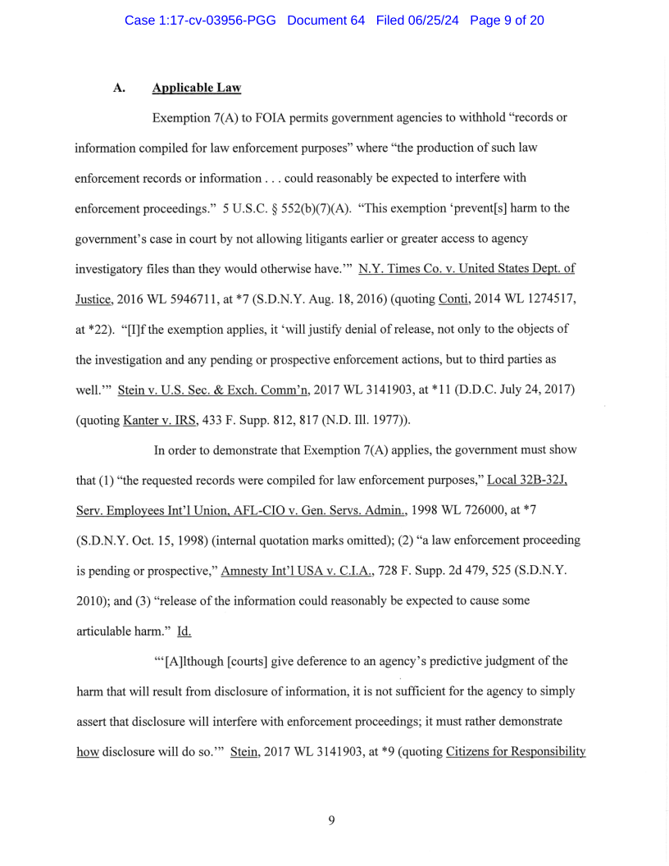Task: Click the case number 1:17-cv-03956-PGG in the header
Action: pyautogui.click(x=200, y=20)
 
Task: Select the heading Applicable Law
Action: pyautogui.click(x=196, y=88)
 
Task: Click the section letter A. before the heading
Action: pyautogui.click(x=120, y=88)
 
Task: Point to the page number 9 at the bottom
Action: pyautogui.click(x=331, y=820)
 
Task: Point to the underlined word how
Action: pyautogui.click(x=87, y=752)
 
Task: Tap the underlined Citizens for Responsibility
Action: pyautogui.click(x=516, y=752)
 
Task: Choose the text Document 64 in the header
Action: pyautogui.click(x=325, y=20)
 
